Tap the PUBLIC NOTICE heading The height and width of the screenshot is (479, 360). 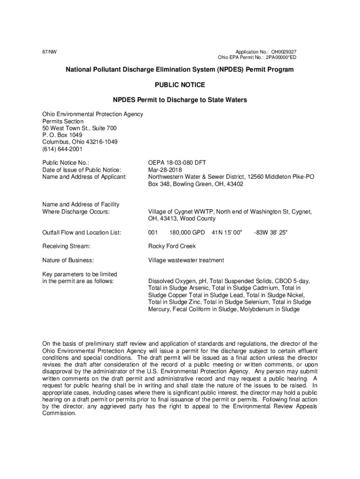point(180,85)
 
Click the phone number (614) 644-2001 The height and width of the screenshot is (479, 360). point(62,149)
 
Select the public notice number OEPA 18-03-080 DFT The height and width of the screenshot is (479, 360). point(177,163)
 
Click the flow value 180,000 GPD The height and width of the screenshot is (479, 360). point(187,232)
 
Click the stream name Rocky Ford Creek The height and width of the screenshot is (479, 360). point(172,246)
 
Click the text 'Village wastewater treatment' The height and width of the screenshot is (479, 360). point(186,260)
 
